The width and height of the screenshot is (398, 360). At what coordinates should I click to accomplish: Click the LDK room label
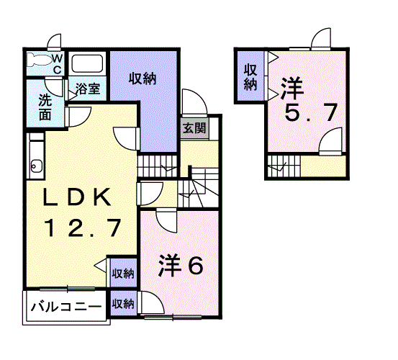(x=79, y=197)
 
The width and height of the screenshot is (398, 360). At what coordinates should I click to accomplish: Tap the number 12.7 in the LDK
(x=81, y=228)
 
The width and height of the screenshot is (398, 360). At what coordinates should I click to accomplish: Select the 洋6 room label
(x=181, y=266)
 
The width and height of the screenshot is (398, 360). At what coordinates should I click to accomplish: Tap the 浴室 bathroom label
(x=89, y=91)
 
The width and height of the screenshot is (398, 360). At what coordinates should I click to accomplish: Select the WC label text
(x=58, y=64)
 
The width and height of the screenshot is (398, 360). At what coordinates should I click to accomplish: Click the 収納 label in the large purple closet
(x=143, y=79)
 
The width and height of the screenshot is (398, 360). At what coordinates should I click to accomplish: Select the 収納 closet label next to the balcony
(x=123, y=304)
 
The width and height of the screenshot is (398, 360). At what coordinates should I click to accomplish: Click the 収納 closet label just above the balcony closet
(x=123, y=274)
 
